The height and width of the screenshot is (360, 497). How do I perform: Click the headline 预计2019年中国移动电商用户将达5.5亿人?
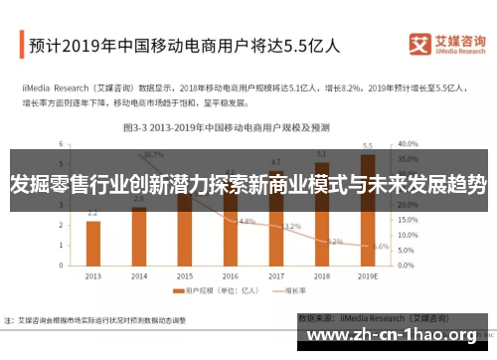pos(184,45)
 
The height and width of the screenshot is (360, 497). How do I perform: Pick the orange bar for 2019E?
pos(368,209)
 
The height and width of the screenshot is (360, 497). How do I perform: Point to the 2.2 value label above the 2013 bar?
pos(92,213)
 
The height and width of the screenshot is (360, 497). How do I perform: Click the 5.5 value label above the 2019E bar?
pos(368,145)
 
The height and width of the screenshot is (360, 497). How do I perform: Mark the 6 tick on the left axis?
pos(62,143)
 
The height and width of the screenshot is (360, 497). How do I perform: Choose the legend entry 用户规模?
pos(212,290)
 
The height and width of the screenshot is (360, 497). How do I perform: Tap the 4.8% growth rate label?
pos(248,221)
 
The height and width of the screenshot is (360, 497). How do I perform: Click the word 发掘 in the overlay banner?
pos(30,184)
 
